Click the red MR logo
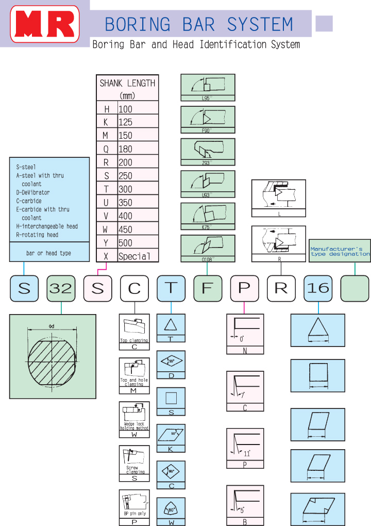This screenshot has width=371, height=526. [x=45, y=24]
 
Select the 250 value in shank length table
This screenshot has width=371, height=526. [x=125, y=176]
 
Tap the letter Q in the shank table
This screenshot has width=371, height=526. [x=107, y=149]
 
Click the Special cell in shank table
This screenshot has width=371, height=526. [x=134, y=256]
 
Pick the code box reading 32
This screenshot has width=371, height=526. [x=61, y=288]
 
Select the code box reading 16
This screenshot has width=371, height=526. [x=318, y=288]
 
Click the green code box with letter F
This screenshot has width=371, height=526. [x=208, y=288]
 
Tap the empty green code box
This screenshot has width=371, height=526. [x=355, y=288]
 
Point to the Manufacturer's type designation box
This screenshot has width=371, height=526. [x=340, y=251]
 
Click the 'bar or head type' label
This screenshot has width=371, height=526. [x=49, y=253]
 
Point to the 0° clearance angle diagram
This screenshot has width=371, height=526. [x=245, y=330]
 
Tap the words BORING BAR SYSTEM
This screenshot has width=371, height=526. [x=199, y=24]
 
